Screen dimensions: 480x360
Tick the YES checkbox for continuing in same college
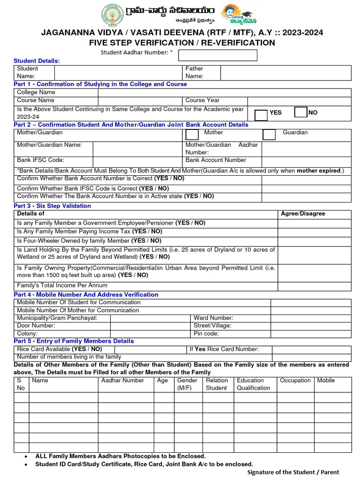261,115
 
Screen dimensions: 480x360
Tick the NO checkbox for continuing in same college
300,112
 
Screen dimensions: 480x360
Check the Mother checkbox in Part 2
192,135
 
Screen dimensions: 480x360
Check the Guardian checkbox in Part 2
269,135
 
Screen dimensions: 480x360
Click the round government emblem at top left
110,15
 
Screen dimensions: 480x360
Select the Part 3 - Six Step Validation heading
52,206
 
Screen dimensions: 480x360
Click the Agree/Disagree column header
302,214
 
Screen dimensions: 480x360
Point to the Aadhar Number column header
123,381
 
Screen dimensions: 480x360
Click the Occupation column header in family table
295,381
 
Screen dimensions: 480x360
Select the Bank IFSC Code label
40,160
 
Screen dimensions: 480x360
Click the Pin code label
206,334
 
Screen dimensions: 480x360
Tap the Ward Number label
213,318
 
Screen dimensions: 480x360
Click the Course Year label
202,100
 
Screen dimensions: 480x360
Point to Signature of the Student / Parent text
293,472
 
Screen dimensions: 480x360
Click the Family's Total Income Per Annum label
62,285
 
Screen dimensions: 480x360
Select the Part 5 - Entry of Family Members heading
74,341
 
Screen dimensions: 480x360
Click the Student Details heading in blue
37,61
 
